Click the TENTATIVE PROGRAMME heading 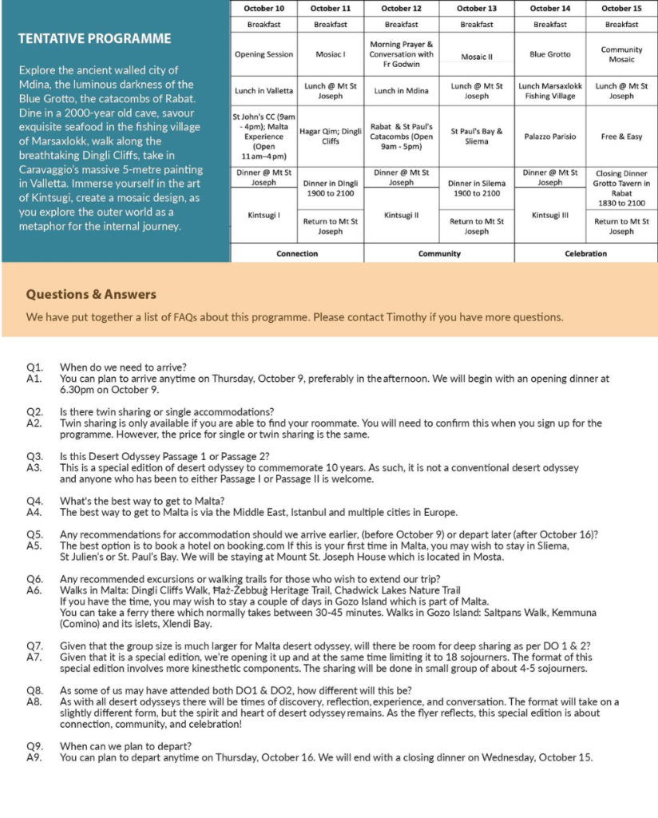[94, 39]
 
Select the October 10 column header [264, 8]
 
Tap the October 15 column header [621, 8]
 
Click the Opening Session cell [264, 54]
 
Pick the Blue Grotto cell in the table [550, 54]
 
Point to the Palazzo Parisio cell [550, 137]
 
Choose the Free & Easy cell [621, 137]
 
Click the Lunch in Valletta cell [264, 91]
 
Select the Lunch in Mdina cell [401, 91]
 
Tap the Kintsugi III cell [550, 215]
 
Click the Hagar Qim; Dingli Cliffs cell [331, 137]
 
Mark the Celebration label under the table [585, 253]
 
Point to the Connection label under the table [297, 253]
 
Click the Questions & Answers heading [91, 295]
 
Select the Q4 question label [34, 501]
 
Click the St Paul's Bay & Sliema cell [477, 137]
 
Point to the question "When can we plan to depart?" [125, 746]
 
